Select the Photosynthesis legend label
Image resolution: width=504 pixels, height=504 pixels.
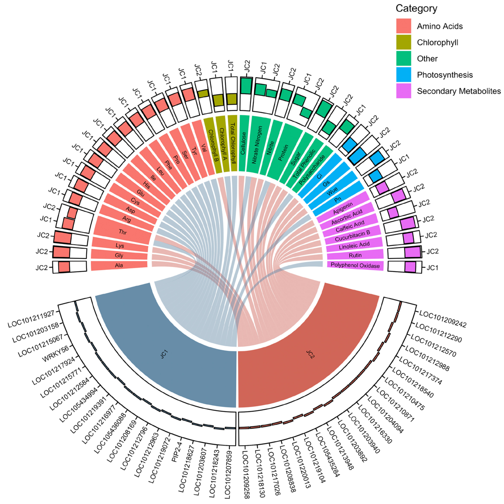[445, 75]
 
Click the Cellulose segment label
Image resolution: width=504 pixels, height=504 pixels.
[243, 144]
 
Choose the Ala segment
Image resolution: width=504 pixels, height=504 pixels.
[119, 266]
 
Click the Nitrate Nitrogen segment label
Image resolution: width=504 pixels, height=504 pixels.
[257, 145]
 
